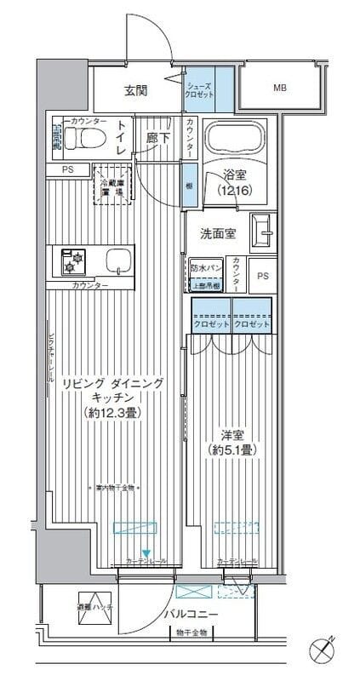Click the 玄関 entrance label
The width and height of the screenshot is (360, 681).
pos(136,89)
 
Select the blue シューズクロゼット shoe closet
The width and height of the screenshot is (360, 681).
pos(200,90)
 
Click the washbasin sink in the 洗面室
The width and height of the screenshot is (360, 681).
pos(265,229)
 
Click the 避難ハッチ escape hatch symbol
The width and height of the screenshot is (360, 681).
pos(92,604)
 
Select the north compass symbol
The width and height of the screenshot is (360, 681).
pos(324,654)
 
